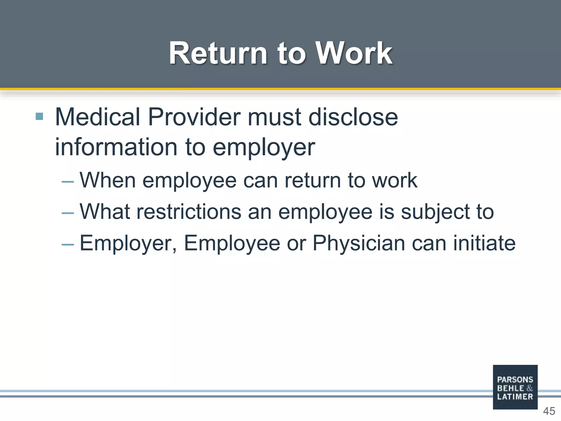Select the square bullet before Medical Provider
click(39, 116)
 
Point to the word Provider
click(194, 117)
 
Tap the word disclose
click(353, 117)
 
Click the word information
click(116, 147)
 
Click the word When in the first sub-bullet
click(108, 180)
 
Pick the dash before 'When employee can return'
click(68, 182)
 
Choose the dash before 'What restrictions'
click(68, 213)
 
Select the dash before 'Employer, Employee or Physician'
click(68, 244)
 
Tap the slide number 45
click(549, 411)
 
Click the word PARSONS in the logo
click(515, 380)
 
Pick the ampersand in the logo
click(529, 388)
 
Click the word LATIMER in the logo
click(515, 397)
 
